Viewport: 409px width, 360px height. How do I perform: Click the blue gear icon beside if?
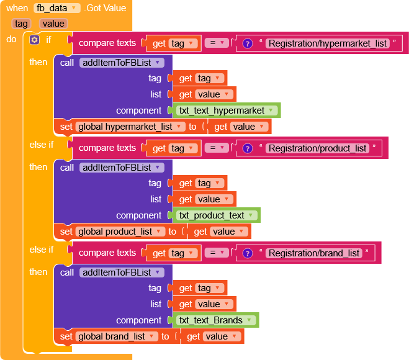[34, 39]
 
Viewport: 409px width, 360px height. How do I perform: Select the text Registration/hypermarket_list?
[327, 43]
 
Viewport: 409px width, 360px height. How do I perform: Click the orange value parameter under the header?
[53, 24]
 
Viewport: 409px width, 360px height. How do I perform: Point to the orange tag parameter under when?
[21, 24]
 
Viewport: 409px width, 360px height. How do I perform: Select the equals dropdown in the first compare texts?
[215, 43]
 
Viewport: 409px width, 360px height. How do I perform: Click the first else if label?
[42, 145]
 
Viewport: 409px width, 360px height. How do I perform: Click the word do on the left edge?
[12, 39]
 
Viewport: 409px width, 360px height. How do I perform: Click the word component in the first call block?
[138, 110]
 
